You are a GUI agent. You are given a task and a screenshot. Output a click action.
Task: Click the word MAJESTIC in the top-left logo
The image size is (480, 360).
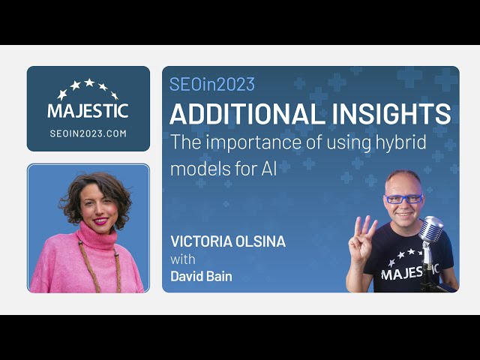click(88, 111)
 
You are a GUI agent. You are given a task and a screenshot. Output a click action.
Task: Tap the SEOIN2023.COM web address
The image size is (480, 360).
click(88, 133)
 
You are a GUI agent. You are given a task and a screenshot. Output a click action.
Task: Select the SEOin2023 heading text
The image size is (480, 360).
click(212, 84)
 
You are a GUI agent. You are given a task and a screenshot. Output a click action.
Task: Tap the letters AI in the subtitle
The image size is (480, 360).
click(269, 168)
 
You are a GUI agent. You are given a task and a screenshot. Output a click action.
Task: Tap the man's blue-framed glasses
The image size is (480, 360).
click(403, 199)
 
